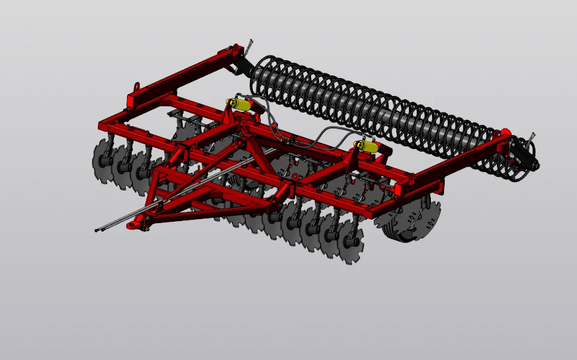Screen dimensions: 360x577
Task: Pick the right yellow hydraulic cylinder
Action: coord(367,146)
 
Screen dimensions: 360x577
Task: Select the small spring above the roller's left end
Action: coord(249,47)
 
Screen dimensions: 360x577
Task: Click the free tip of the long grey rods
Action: coord(97,230)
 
